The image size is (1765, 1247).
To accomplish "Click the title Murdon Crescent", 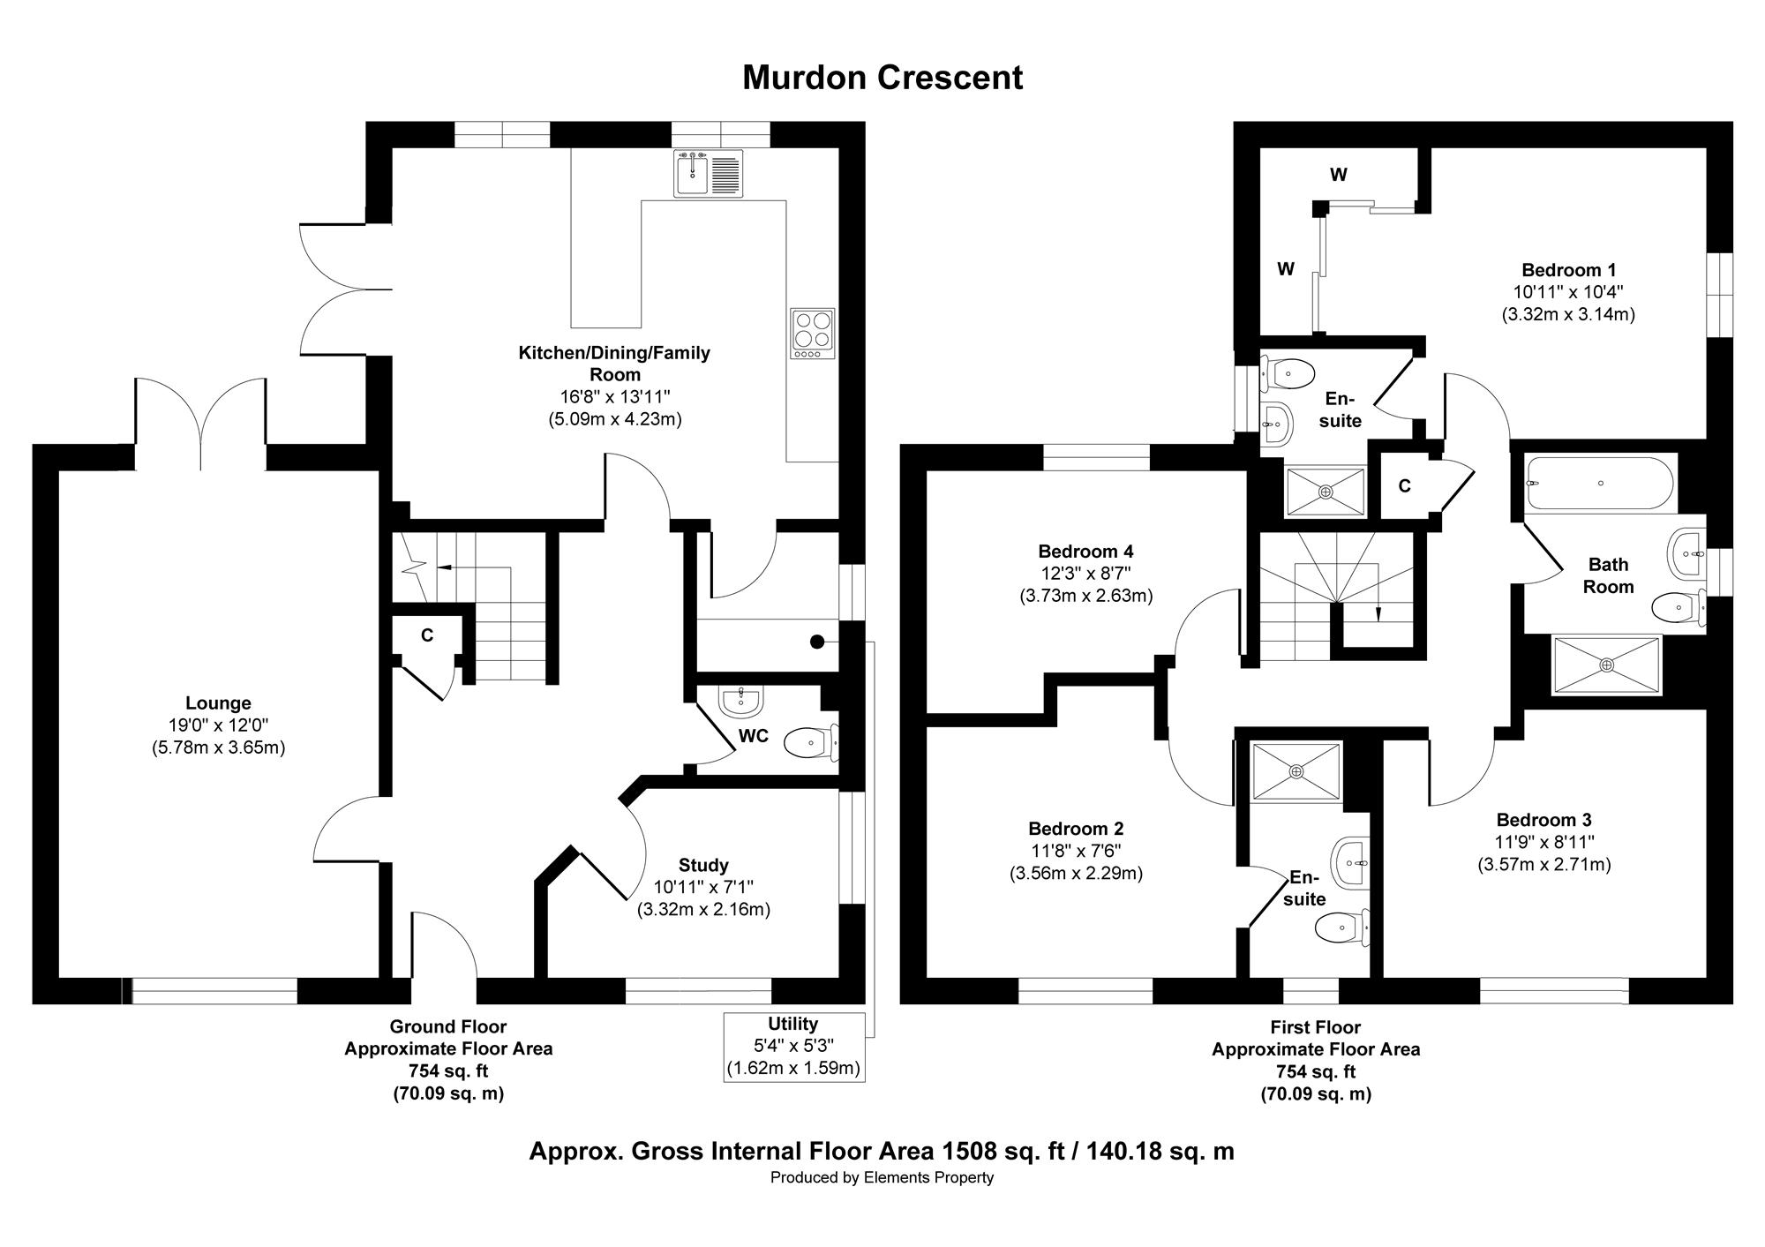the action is pos(882,78).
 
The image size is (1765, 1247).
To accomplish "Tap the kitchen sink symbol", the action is pos(710,173).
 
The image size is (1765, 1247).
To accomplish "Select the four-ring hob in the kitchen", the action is pos(812,334).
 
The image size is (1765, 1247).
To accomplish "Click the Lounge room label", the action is pos(218,703).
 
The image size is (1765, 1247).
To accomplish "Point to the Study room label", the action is pos(703,865).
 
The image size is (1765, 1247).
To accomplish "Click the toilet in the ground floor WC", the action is pos(811,742).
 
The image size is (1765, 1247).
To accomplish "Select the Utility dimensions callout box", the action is pos(793,1047).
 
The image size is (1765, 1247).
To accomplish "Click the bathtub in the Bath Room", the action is pos(1600,483).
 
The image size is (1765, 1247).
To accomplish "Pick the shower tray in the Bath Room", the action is pos(1606,665).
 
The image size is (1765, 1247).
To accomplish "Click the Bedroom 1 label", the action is pos(1568,270).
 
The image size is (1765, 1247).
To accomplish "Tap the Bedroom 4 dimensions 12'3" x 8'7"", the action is pos(1085,574).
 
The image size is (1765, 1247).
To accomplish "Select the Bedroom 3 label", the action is pos(1543,820).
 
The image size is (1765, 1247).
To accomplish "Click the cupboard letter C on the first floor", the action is pos(1404,486).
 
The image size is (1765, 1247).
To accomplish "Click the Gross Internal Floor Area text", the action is pos(882,1151).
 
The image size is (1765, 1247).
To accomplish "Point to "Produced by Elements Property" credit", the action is pos(882,1177).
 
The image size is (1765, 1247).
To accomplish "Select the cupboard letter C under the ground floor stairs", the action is pos(427,635).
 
